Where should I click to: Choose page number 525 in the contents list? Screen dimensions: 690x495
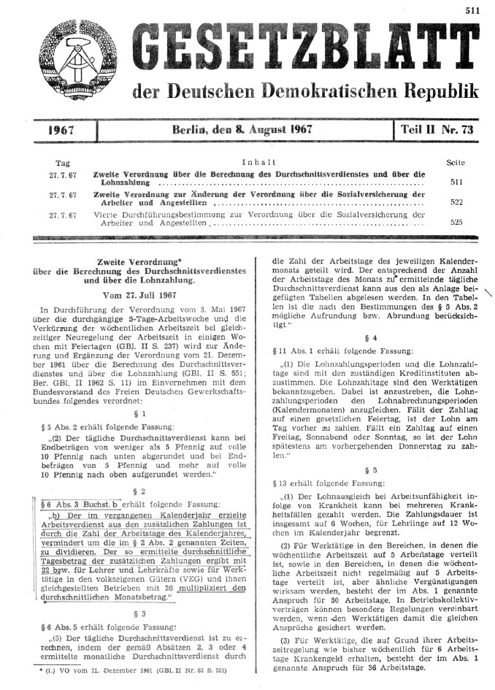[x=456, y=221]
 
